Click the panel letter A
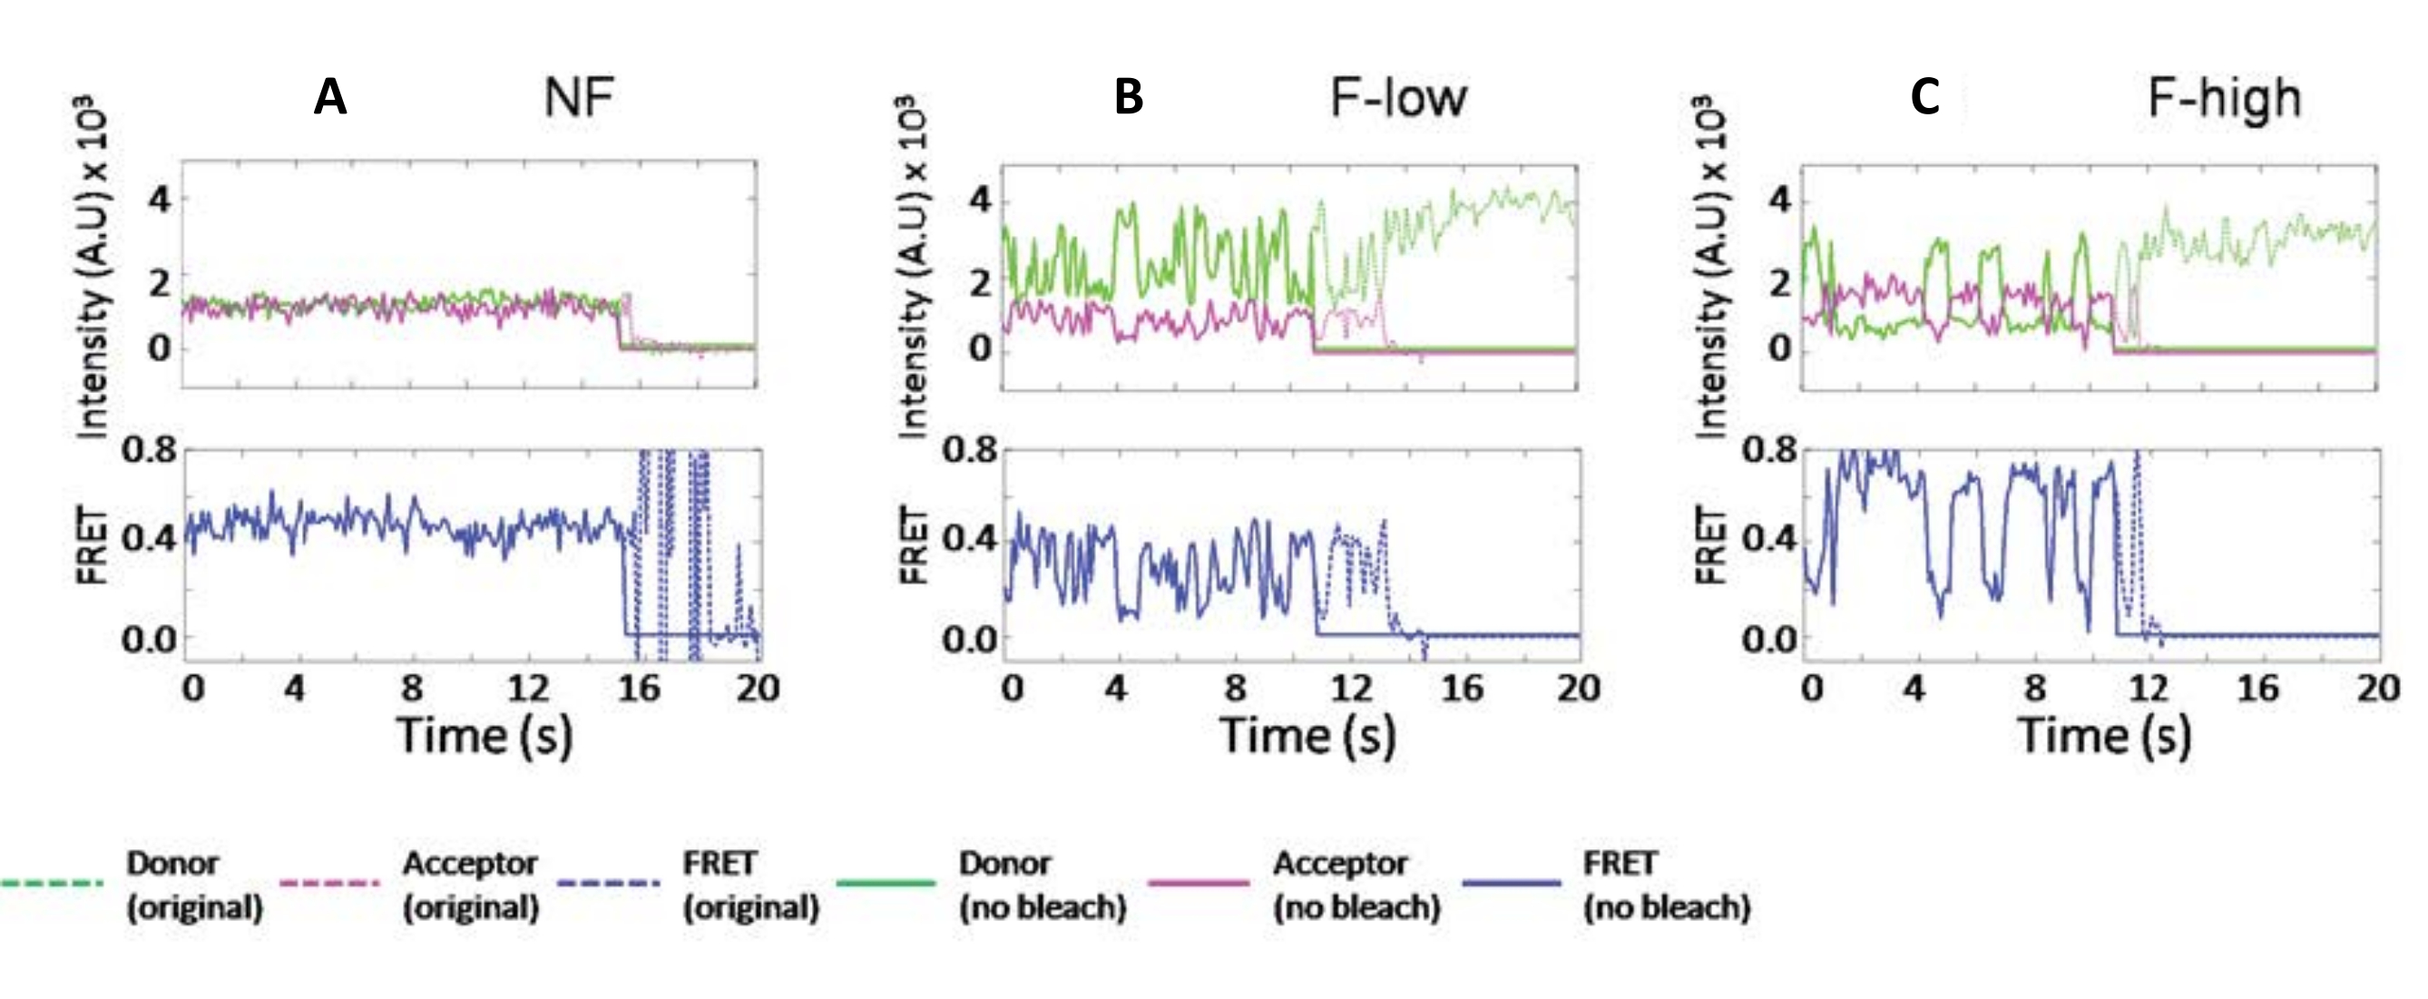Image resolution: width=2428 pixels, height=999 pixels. pyautogui.click(x=330, y=98)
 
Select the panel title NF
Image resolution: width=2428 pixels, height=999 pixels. pyautogui.click(x=579, y=98)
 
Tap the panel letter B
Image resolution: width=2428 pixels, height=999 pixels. pyautogui.click(x=1128, y=98)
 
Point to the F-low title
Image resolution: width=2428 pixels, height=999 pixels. pyautogui.click(x=1399, y=98)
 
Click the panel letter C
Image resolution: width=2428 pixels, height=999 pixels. pyautogui.click(x=1924, y=98)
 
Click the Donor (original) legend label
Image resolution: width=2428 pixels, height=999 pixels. pyautogui.click(x=194, y=885)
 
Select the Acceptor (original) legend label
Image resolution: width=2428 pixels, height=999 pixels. pyautogui.click(x=470, y=885)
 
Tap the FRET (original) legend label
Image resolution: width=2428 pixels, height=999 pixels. pyautogui.click(x=750, y=885)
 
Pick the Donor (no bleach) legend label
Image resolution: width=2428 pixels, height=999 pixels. pyautogui.click(x=1043, y=885)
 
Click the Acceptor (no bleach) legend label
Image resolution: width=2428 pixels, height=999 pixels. pyautogui.click(x=1356, y=885)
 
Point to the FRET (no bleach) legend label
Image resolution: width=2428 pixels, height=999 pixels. pyautogui.click(x=1667, y=885)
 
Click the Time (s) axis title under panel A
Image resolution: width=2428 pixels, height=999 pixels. pyautogui.click(x=485, y=736)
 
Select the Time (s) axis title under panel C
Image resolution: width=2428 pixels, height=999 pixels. pyautogui.click(x=2104, y=736)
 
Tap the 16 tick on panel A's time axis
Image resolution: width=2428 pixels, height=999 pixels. pyautogui.click(x=638, y=689)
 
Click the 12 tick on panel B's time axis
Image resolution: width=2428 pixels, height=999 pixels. pyautogui.click(x=1351, y=689)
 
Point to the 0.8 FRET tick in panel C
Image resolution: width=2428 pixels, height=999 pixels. pyautogui.click(x=1768, y=450)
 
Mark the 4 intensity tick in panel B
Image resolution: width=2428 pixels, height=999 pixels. pyautogui.click(x=981, y=201)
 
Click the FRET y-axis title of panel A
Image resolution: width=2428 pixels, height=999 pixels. pyautogui.click(x=92, y=544)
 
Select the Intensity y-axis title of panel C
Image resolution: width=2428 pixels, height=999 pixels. pyautogui.click(x=1709, y=269)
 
